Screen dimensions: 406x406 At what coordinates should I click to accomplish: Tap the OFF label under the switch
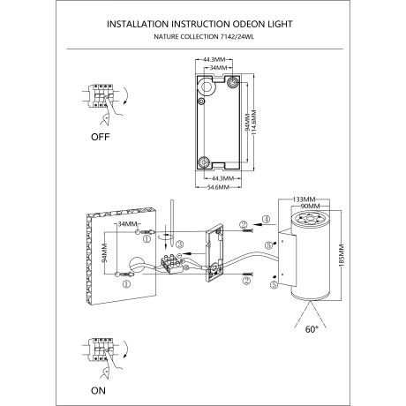(103, 139)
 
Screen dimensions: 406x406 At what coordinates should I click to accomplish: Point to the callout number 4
(266, 218)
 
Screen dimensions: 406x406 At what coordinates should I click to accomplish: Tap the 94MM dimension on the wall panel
(105, 256)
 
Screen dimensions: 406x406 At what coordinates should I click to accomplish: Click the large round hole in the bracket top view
(207, 87)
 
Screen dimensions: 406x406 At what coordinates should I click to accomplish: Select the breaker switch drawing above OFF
(101, 104)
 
